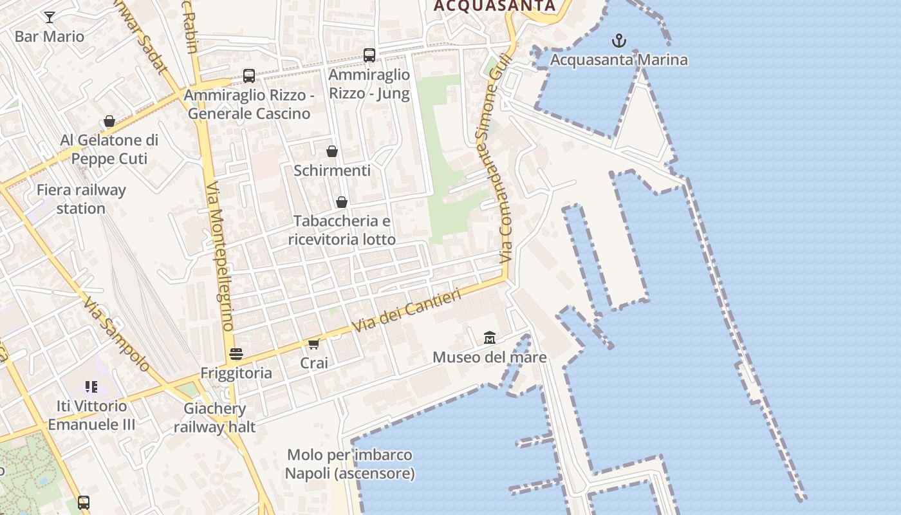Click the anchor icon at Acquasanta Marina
coord(618,41)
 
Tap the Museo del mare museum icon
coord(490,337)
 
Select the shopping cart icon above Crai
coord(313,344)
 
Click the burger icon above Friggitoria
coord(236,353)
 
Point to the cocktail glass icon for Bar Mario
coord(50,17)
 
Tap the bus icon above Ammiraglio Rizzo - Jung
coord(369,55)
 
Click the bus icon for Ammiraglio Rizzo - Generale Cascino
coord(249,76)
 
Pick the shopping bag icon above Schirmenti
coord(332,151)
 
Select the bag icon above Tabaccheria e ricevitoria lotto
coord(342,202)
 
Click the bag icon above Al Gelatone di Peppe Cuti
coord(109,121)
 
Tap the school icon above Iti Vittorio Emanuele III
coord(91,387)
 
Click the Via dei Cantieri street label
coord(407,311)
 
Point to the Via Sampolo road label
coord(116,335)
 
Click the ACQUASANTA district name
coord(494,6)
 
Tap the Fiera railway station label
coord(81,199)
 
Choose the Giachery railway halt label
coord(214,417)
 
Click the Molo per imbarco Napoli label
coord(349,464)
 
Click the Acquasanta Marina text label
coord(619,60)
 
